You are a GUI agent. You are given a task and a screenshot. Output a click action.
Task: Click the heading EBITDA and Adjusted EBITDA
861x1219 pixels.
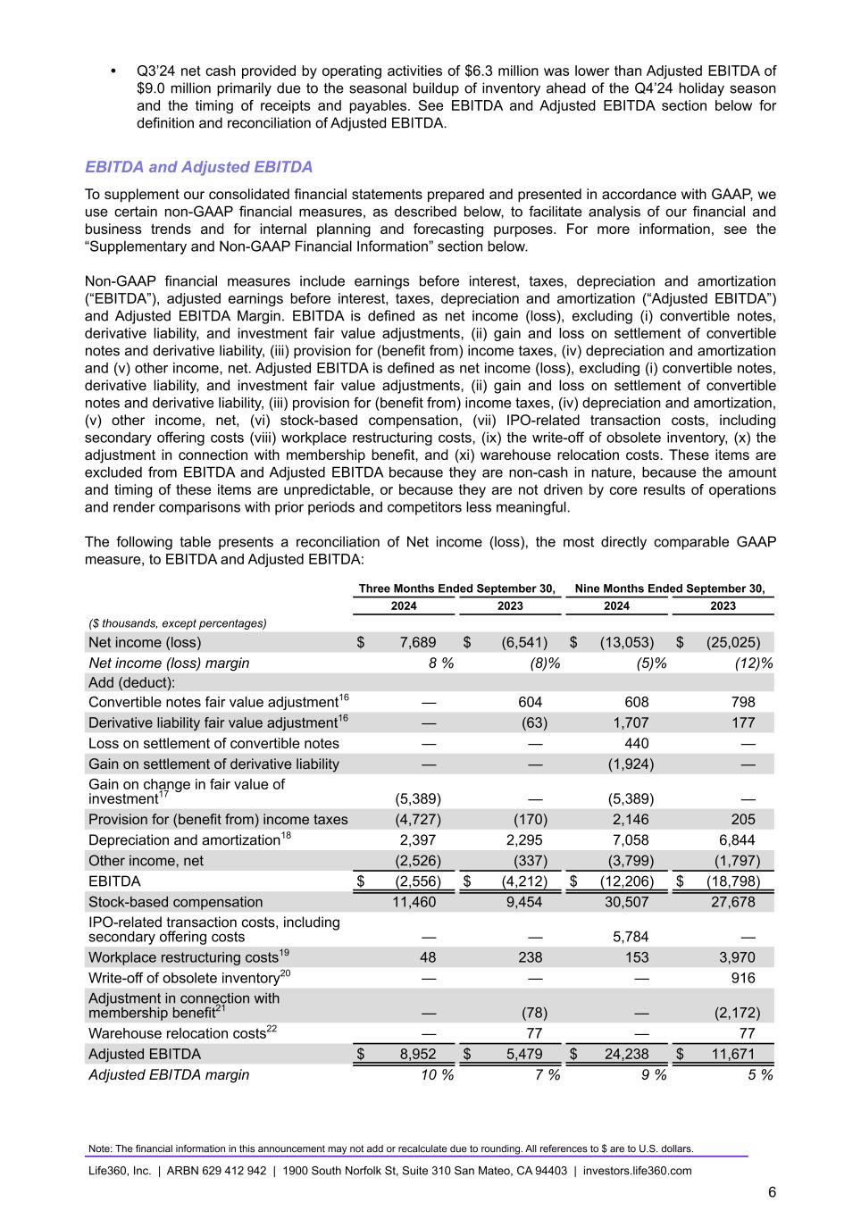[x=198, y=167]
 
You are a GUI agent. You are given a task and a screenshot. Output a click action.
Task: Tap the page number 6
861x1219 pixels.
[x=772, y=1192]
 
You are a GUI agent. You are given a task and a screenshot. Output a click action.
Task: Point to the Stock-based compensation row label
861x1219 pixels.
[x=175, y=902]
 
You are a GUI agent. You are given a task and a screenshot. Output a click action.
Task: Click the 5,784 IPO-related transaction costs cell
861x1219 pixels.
[x=631, y=937]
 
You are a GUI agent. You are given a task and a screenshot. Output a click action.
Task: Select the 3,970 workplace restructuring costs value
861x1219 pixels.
[x=737, y=957]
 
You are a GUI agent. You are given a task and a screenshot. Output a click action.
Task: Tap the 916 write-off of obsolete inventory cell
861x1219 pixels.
[x=741, y=978]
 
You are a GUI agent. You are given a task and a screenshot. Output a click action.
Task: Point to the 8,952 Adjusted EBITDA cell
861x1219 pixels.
[x=417, y=1054]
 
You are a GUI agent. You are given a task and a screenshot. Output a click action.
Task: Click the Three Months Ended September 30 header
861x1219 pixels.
[x=457, y=589]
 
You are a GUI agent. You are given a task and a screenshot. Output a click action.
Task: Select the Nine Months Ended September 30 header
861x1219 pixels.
[x=670, y=589]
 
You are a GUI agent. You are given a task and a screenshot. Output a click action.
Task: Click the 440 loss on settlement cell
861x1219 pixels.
[x=637, y=743]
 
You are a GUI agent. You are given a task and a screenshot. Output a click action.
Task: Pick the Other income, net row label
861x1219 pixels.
[x=146, y=861]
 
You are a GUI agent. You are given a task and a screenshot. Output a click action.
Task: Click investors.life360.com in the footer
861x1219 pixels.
[x=637, y=1171]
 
